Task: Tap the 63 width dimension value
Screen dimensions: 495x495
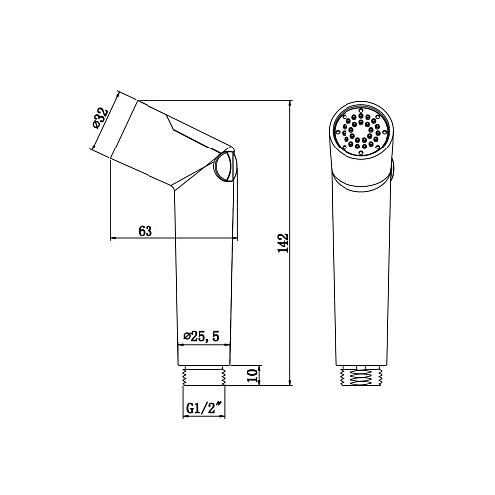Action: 146,231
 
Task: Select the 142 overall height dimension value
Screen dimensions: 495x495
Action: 283,244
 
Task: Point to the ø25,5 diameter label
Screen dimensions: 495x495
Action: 202,337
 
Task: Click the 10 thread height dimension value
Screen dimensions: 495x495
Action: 252,375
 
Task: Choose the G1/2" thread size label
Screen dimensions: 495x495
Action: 204,409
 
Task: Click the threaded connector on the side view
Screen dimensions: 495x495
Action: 204,375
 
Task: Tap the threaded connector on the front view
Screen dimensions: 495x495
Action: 361,375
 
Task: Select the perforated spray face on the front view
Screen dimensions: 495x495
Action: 361,131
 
